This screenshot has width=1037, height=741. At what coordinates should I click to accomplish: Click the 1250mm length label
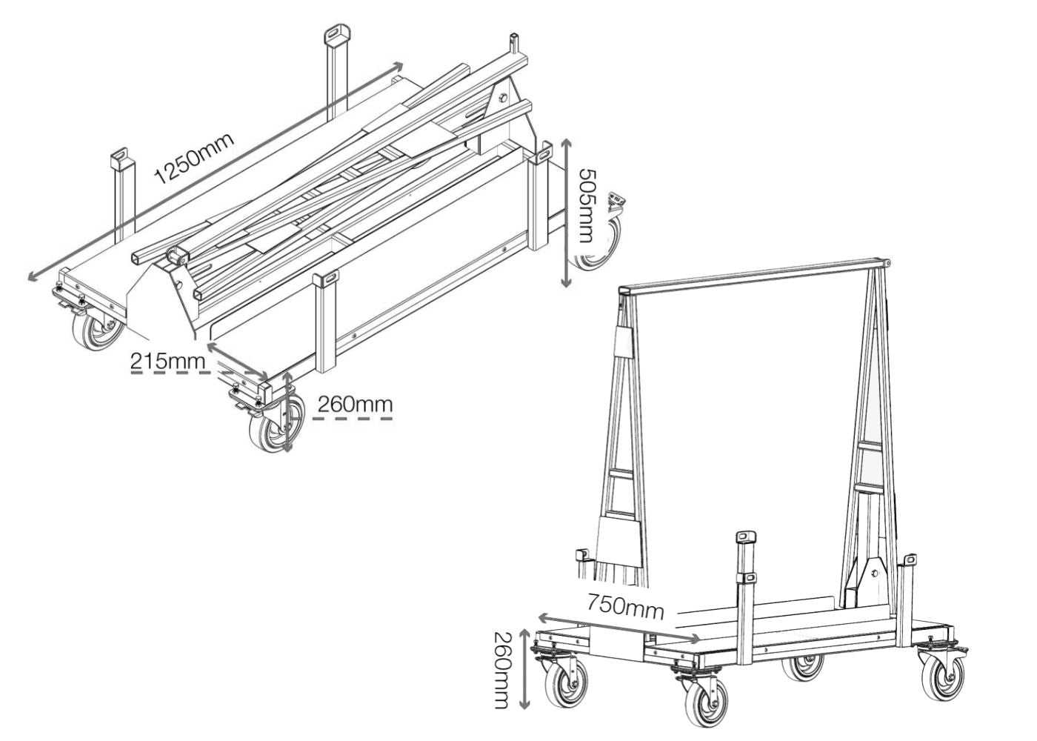[x=194, y=159]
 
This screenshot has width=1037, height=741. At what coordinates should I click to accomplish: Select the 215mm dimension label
[x=167, y=362]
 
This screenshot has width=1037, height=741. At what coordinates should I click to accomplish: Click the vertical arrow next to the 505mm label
[x=566, y=213]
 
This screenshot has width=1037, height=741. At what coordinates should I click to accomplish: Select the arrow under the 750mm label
[x=618, y=628]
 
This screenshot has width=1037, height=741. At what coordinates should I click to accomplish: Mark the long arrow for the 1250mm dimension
[x=215, y=171]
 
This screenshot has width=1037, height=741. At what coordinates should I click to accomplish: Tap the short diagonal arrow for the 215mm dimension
[x=237, y=360]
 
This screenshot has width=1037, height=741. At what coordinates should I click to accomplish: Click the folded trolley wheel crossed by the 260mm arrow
[x=277, y=424]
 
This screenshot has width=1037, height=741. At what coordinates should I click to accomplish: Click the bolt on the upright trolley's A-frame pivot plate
[x=874, y=574]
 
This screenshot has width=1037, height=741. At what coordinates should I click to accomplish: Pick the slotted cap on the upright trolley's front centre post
[x=745, y=537]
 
